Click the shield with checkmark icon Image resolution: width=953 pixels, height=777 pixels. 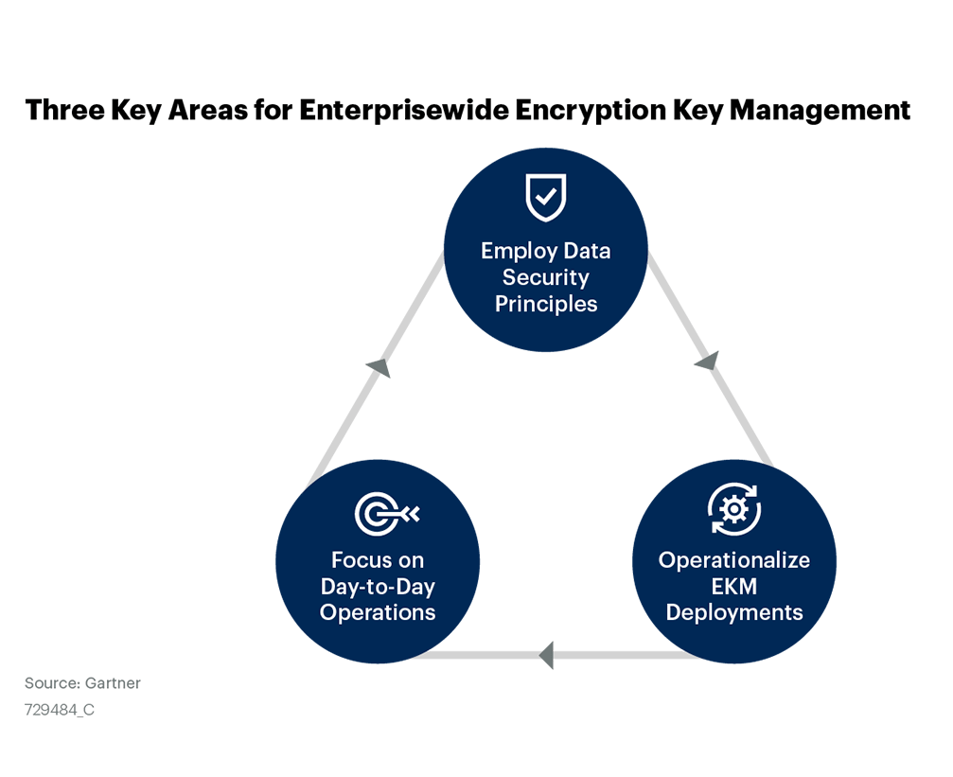tap(546, 198)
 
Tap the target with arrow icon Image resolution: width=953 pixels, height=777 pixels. tap(386, 514)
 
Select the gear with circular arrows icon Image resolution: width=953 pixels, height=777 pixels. tap(734, 509)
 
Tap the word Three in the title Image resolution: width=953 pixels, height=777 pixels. tap(65, 110)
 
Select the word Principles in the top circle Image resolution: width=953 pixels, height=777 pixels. tap(546, 304)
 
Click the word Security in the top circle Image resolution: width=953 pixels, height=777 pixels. tap(546, 278)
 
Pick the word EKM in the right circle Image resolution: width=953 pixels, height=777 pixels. tap(734, 586)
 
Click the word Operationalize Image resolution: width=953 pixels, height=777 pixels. tap(734, 560)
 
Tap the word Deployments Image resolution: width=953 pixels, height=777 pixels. tap(734, 612)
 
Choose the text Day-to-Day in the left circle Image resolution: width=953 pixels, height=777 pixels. tap(378, 587)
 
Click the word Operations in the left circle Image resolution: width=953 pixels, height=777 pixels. tap(378, 612)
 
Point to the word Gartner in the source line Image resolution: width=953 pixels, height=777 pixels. tap(113, 683)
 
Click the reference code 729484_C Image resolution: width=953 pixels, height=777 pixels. tap(60, 710)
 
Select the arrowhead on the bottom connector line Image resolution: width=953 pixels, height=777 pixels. tap(546, 655)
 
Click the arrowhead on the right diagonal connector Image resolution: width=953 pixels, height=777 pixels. tap(708, 361)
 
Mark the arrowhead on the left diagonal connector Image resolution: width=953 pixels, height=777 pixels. tap(379, 367)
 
